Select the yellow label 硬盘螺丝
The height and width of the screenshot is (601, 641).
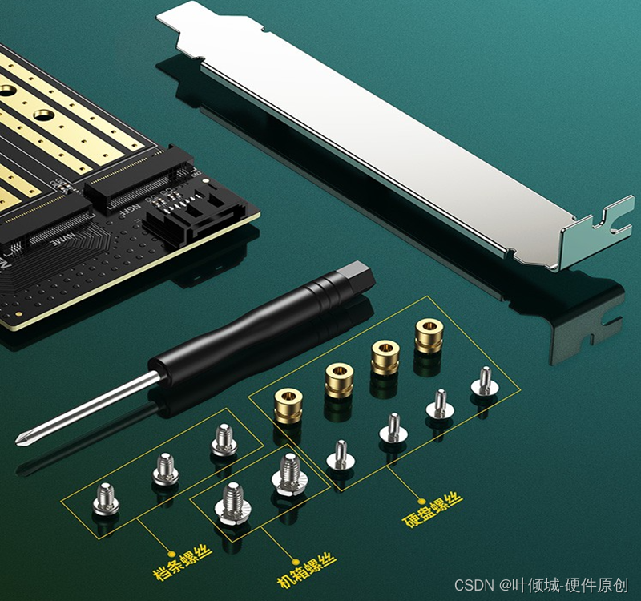[433, 509]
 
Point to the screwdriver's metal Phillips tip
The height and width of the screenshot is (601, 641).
[22, 438]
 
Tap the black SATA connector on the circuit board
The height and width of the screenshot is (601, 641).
[192, 215]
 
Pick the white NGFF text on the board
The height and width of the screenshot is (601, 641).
[129, 212]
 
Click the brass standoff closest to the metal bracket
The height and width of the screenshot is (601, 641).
[429, 335]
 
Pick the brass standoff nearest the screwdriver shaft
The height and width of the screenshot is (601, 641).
[288, 405]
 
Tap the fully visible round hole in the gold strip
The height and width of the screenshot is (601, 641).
[44, 115]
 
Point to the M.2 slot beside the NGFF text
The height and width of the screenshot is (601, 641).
[139, 179]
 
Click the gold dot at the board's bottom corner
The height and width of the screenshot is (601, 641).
[18, 313]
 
